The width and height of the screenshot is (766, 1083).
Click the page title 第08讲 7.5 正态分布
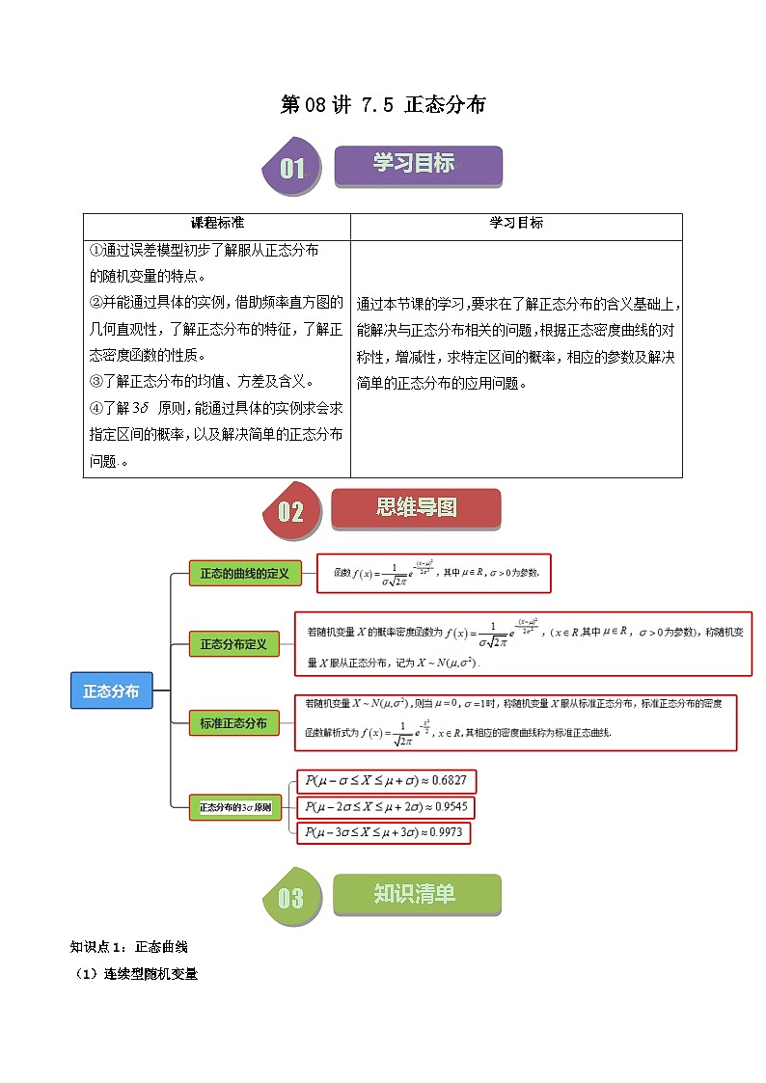382,105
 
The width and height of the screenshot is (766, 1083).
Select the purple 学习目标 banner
417,165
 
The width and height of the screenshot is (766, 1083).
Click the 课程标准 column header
217,223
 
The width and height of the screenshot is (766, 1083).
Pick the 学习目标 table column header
516,223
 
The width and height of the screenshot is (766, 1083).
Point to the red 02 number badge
288,512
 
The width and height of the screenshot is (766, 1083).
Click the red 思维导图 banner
416,508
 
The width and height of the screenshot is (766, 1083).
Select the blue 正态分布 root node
111,691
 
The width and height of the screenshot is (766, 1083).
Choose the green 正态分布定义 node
233,643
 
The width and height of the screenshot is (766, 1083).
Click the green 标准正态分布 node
233,722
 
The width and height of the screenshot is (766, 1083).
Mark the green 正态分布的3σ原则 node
235,807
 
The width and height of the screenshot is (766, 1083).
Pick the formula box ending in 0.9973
386,832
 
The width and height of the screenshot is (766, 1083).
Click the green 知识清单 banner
416,894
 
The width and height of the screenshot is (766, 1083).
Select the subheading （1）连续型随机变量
136,974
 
